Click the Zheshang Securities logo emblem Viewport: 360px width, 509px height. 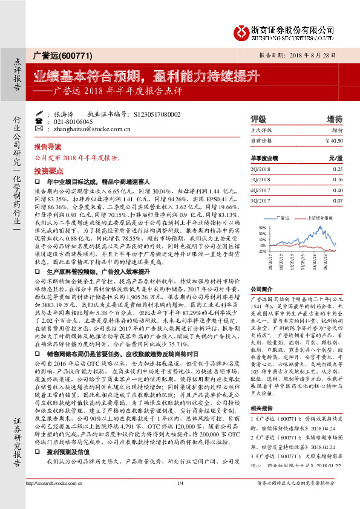point(241,30)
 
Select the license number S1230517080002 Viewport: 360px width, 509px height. point(157,114)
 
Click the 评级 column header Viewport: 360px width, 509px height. point(258,118)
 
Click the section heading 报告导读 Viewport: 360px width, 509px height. point(48,147)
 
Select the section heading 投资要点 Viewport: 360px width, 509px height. point(48,170)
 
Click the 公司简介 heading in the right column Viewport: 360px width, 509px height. point(263,289)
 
